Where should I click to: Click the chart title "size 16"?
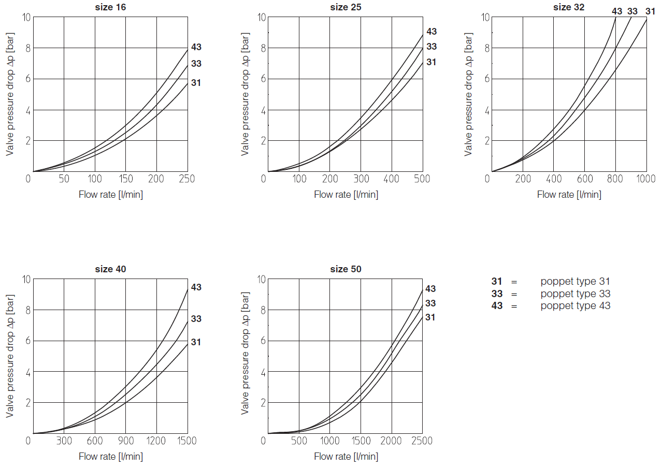pyautogui.click(x=110, y=7)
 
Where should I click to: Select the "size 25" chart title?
pyautogui.click(x=346, y=7)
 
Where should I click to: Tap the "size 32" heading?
pyautogui.click(x=569, y=7)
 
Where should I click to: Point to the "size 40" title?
pyautogui.click(x=110, y=269)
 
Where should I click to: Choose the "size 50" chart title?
pyautogui.click(x=346, y=269)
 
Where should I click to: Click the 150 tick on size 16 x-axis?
pyautogui.click(x=126, y=179)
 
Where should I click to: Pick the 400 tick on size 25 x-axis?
pyautogui.click(x=392, y=179)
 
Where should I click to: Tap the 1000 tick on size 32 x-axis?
pyautogui.click(x=645, y=179)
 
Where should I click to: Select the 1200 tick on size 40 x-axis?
pyautogui.click(x=156, y=441)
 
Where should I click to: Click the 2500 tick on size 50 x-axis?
pyautogui.click(x=422, y=441)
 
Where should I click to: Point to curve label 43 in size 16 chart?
pyautogui.click(x=196, y=47)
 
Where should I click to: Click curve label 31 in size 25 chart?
pyautogui.click(x=431, y=62)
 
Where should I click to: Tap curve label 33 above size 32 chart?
pyautogui.click(x=632, y=11)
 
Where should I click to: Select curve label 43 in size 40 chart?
pyautogui.click(x=196, y=287)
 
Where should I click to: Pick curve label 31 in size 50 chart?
pyautogui.click(x=430, y=317)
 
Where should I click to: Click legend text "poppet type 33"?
pyautogui.click(x=575, y=294)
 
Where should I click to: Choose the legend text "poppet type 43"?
pyautogui.click(x=575, y=306)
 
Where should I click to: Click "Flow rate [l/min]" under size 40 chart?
pyautogui.click(x=110, y=457)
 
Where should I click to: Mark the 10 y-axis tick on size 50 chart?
pyautogui.click(x=262, y=280)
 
